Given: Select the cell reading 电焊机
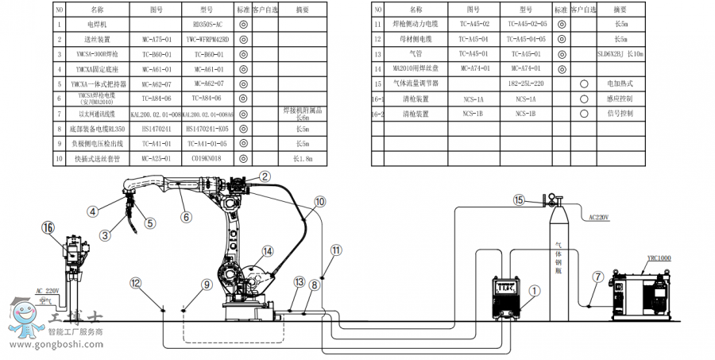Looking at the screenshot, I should coord(97,25).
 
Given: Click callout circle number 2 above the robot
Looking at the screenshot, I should coord(265,177).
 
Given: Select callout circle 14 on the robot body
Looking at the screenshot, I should coord(268,251).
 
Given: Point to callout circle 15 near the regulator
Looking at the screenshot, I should coord(520,200).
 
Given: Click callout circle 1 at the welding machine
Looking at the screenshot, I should coord(534,291).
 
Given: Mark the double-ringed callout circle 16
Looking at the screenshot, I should coord(49,228).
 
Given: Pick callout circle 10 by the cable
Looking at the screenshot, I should coord(319,202).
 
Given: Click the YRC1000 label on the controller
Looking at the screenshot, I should coord(659,258).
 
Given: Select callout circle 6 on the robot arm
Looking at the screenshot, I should coord(186,215).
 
